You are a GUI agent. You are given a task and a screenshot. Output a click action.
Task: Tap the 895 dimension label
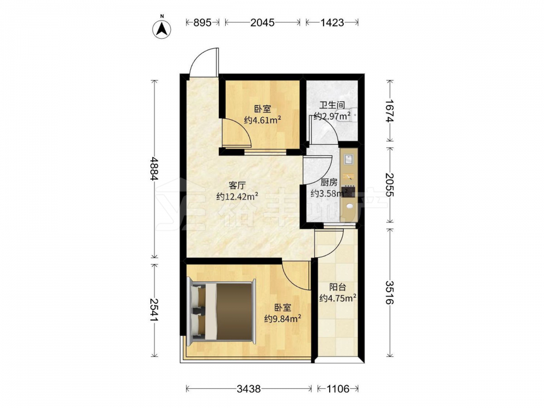tap(202, 22)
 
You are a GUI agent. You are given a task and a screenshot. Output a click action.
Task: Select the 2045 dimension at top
tap(262, 22)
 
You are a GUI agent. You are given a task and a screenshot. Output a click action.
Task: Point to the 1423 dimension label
tap(332, 22)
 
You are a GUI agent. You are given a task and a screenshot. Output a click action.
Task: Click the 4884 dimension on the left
tap(154, 169)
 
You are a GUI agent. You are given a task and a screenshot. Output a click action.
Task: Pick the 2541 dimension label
tap(154, 310)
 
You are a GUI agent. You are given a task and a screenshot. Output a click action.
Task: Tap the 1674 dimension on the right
tap(390, 111)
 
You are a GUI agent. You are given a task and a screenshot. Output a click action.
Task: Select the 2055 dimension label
tap(390, 185)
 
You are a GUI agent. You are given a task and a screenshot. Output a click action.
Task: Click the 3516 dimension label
tap(390, 293)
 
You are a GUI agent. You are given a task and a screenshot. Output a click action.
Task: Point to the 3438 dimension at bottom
tap(249, 389)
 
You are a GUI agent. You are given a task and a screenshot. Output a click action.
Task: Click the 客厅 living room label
tap(237, 185)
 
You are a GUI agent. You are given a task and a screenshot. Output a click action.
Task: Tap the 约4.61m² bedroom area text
tap(262, 120)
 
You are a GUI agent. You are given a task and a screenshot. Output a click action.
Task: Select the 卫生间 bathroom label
tap(332, 105)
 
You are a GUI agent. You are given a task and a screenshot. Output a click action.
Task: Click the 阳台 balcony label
tap(338, 287)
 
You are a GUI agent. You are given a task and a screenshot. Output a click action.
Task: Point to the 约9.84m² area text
tap(282, 318)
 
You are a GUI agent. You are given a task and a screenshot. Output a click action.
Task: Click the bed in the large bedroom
tap(221, 312)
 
